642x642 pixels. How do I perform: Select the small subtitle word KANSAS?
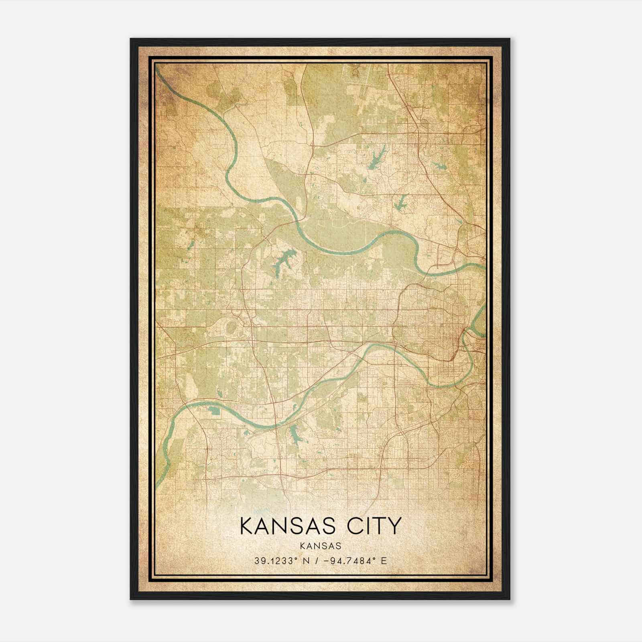click(x=321, y=546)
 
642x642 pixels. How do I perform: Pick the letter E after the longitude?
click(x=384, y=561)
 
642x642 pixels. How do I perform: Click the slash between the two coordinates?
click(x=319, y=561)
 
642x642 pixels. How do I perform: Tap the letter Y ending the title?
click(x=395, y=526)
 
